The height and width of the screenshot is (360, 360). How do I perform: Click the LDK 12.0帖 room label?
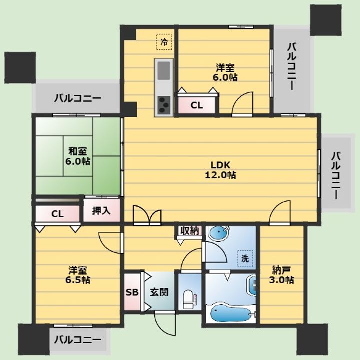pos(220,170)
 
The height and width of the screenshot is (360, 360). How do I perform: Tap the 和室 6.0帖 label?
pos(78,156)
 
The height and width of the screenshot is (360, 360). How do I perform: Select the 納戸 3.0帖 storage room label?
pos(281,275)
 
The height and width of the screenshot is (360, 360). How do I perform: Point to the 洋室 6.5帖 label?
pos(78,275)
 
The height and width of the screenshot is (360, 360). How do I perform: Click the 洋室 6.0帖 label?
pos(225,73)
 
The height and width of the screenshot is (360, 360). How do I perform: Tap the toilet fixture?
pos(188,299)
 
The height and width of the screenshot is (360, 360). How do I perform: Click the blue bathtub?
pos(231,312)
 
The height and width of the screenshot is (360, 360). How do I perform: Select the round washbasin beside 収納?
pos(218,234)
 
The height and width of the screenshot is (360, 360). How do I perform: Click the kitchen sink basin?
pos(164,71)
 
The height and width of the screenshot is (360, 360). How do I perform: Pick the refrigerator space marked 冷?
pos(164,42)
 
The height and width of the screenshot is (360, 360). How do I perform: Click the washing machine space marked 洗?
pos(245,258)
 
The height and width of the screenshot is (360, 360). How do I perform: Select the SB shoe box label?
pos(132,292)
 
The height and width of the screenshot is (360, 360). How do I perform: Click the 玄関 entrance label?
pos(159,292)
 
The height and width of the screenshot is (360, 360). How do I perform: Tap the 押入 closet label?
pos(101,211)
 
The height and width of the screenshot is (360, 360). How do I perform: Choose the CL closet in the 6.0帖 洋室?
pos(197,105)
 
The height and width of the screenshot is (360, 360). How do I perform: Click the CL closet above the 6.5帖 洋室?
pos(57,214)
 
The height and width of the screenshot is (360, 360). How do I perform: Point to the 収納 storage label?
pos(190,231)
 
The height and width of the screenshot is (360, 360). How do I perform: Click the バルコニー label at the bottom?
pos(77,340)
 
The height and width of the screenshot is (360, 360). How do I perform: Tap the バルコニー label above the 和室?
pos(77,98)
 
